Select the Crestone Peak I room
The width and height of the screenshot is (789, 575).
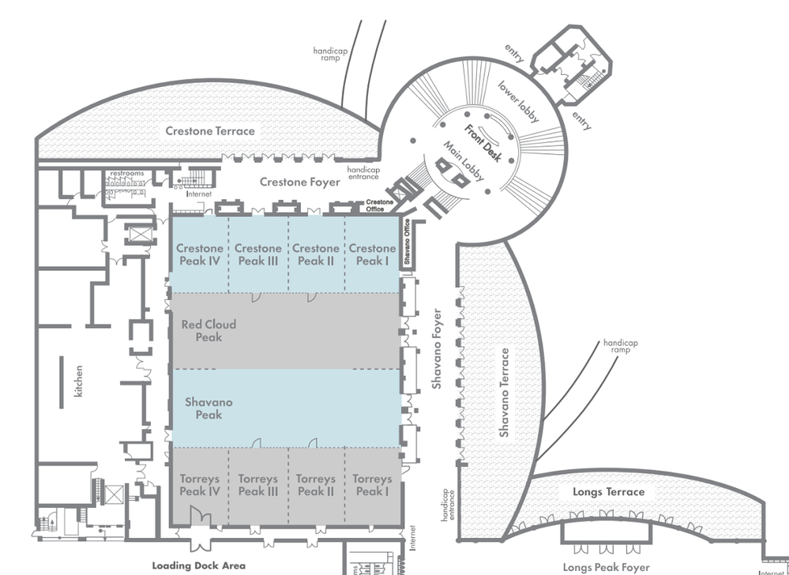tap(372, 254)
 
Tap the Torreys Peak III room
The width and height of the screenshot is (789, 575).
tap(257, 485)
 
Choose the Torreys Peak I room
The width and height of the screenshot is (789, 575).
tap(372, 485)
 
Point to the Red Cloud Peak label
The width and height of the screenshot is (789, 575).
tap(209, 331)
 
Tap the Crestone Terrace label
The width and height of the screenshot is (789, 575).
tap(210, 130)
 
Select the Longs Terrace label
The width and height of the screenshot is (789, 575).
tap(608, 492)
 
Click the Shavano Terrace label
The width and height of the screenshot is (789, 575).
tap(504, 393)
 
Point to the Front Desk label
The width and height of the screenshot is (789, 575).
tap(483, 144)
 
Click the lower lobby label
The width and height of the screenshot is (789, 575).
tap(519, 102)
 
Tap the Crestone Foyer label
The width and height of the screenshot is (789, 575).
tap(300, 182)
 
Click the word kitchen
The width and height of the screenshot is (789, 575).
tap(78, 380)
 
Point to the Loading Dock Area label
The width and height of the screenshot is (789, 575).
tap(198, 566)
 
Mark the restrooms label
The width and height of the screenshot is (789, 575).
tap(127, 173)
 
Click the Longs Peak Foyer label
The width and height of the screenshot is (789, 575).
tap(607, 567)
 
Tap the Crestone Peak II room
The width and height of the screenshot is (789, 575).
tap(316, 254)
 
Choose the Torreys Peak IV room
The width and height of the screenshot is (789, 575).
tap(199, 485)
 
